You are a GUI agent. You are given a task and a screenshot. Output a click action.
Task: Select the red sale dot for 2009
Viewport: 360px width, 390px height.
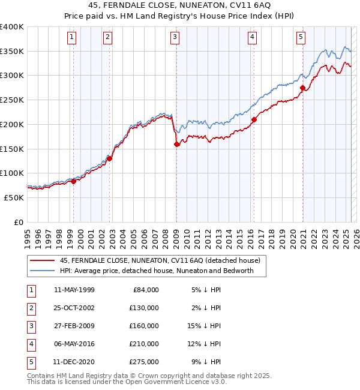[177, 144]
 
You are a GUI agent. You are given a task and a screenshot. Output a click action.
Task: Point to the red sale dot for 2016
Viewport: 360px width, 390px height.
[254, 119]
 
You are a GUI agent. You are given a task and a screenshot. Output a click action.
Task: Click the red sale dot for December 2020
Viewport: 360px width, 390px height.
[302, 88]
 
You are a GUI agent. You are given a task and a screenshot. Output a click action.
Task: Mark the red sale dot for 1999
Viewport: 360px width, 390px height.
[73, 181]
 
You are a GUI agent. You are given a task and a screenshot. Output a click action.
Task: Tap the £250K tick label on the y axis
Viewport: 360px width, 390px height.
[12, 100]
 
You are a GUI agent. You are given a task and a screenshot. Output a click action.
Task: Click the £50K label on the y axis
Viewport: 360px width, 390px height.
[14, 197]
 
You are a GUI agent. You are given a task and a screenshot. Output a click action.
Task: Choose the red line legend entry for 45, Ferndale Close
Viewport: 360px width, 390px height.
[160, 260]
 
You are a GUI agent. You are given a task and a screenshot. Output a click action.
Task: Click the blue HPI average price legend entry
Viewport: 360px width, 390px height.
[157, 271]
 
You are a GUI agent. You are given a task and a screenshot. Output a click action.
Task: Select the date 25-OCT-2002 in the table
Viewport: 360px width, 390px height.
[74, 308]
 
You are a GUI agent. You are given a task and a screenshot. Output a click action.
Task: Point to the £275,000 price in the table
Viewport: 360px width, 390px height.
[144, 362]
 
